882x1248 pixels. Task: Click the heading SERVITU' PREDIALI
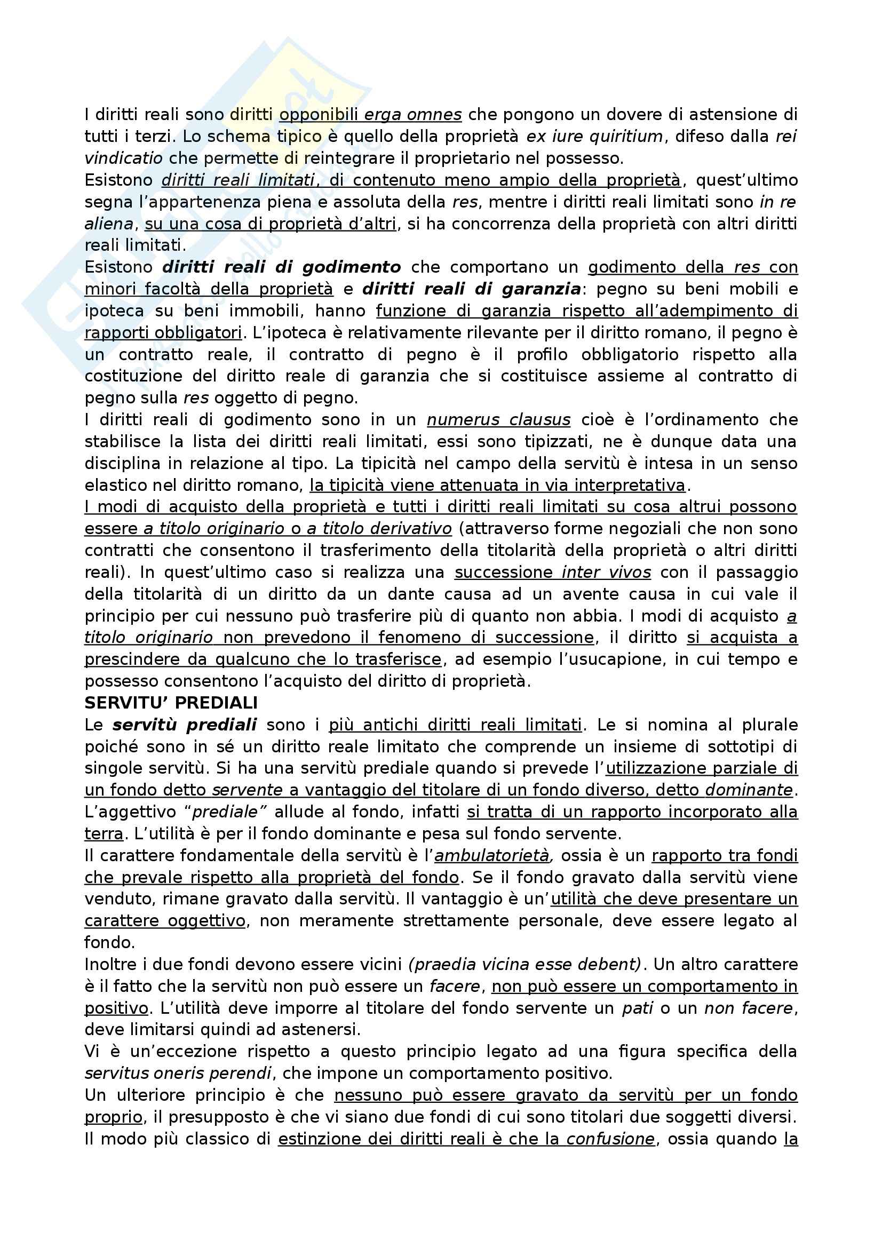[171, 703]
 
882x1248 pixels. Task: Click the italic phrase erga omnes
[412, 115]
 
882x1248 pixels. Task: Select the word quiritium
[626, 137]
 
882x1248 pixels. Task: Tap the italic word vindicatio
[123, 158]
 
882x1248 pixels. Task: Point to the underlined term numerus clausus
[498, 419]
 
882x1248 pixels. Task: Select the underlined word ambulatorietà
[492, 855]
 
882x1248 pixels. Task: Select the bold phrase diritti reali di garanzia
[471, 289]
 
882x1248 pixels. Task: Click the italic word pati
[637, 1008]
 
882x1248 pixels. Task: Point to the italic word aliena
[109, 224]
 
